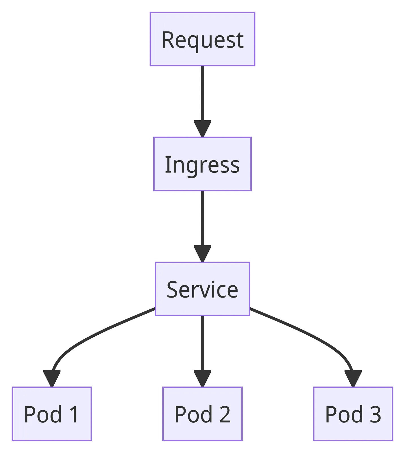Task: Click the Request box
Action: (202, 39)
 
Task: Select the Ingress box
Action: (202, 164)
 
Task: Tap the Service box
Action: (202, 289)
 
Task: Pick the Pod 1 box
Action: (52, 414)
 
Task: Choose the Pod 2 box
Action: (202, 414)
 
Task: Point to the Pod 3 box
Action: (353, 414)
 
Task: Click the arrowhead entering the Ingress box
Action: (202, 129)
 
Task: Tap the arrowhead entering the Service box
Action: (202, 254)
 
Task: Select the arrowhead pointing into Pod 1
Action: (52, 379)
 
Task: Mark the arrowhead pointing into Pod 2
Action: (202, 379)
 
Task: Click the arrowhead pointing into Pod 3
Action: (353, 379)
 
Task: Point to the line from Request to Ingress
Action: (202, 93)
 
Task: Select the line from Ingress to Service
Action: (202, 218)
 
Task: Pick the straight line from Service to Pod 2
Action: (202, 343)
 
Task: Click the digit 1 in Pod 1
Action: (74, 414)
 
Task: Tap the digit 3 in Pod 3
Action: (375, 414)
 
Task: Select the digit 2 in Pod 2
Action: (225, 414)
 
